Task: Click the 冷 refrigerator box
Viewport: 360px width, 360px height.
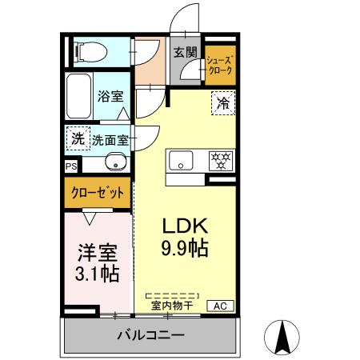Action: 222,103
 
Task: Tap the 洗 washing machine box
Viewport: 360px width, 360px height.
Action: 77,138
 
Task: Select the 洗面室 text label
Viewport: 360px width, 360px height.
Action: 110,139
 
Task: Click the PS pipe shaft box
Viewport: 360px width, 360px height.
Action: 71,166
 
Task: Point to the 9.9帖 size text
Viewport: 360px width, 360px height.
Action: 186,248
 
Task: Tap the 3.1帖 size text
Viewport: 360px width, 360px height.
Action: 97,274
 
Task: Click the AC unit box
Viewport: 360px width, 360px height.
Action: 220,305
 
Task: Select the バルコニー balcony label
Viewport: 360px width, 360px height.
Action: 150,334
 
